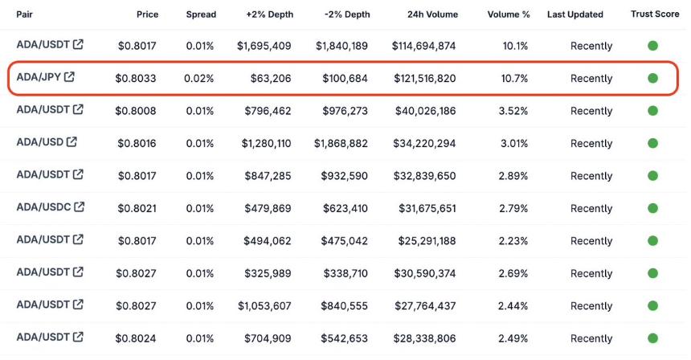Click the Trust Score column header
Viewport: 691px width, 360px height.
(x=654, y=14)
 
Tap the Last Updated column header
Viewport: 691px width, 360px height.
(x=574, y=14)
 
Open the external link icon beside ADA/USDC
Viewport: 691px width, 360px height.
(x=79, y=207)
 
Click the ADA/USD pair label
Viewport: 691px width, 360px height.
(x=39, y=142)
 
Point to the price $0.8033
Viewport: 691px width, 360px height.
(x=135, y=79)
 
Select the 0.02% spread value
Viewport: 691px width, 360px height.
(x=199, y=79)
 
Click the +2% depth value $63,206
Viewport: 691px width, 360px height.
(x=269, y=79)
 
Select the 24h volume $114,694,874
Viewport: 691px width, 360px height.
(x=424, y=47)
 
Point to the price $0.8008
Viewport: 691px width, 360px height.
(x=135, y=111)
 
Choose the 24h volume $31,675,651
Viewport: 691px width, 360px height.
(x=427, y=209)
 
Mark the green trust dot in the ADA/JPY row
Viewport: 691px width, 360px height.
(x=652, y=79)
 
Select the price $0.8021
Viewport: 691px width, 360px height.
(x=135, y=209)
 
